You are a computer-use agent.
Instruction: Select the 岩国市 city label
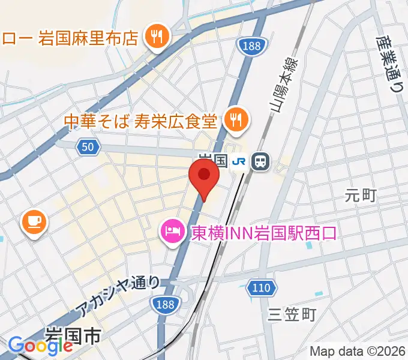point(74,334)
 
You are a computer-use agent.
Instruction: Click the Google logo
point(40,345)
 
